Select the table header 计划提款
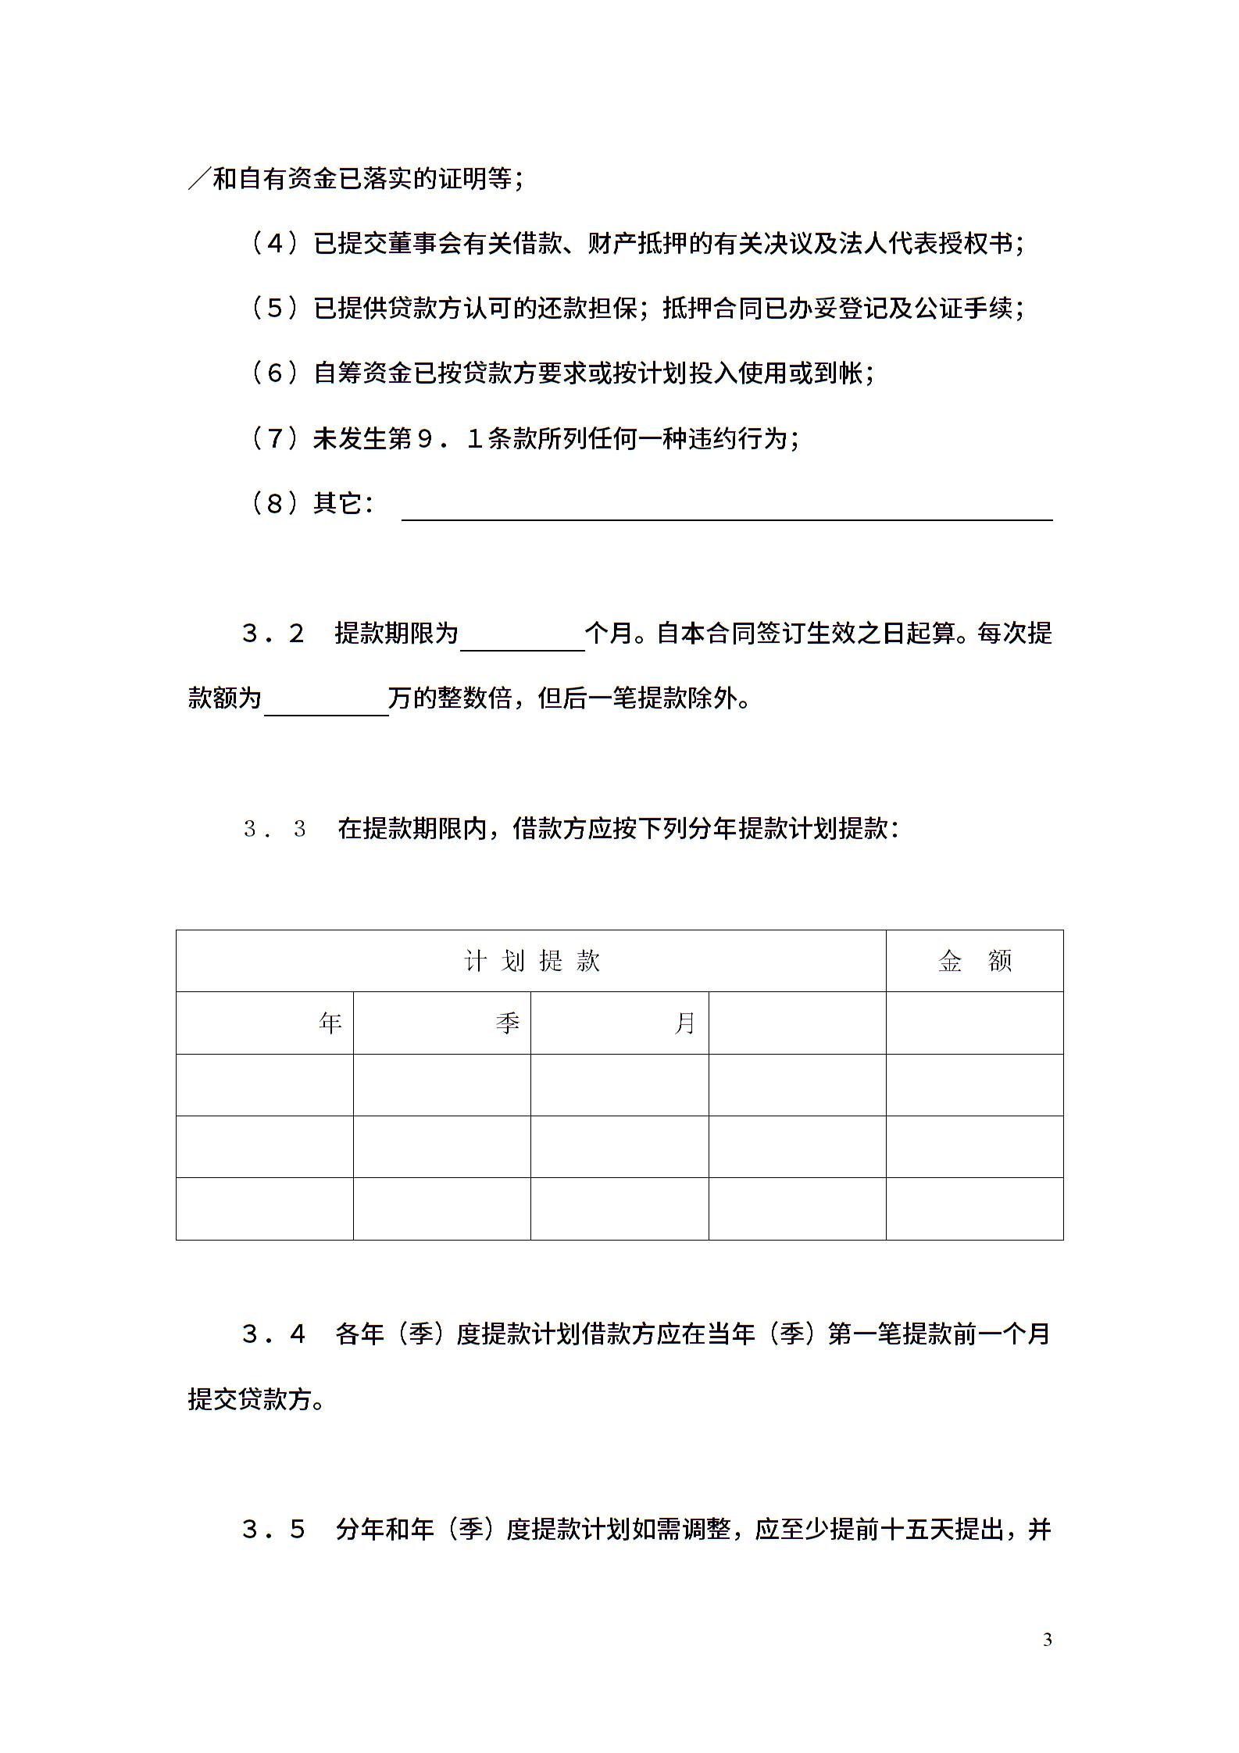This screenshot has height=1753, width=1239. point(531,961)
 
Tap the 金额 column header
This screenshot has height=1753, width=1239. point(974,961)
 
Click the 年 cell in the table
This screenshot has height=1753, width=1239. point(330,1023)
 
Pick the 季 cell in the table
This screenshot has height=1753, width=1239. point(508,1023)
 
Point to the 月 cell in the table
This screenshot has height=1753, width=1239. point(685,1023)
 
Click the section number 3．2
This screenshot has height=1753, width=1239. point(273,634)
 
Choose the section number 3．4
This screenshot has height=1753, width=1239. point(273,1333)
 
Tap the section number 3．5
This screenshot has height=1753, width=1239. point(273,1529)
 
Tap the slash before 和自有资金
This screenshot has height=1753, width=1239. point(198,180)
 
